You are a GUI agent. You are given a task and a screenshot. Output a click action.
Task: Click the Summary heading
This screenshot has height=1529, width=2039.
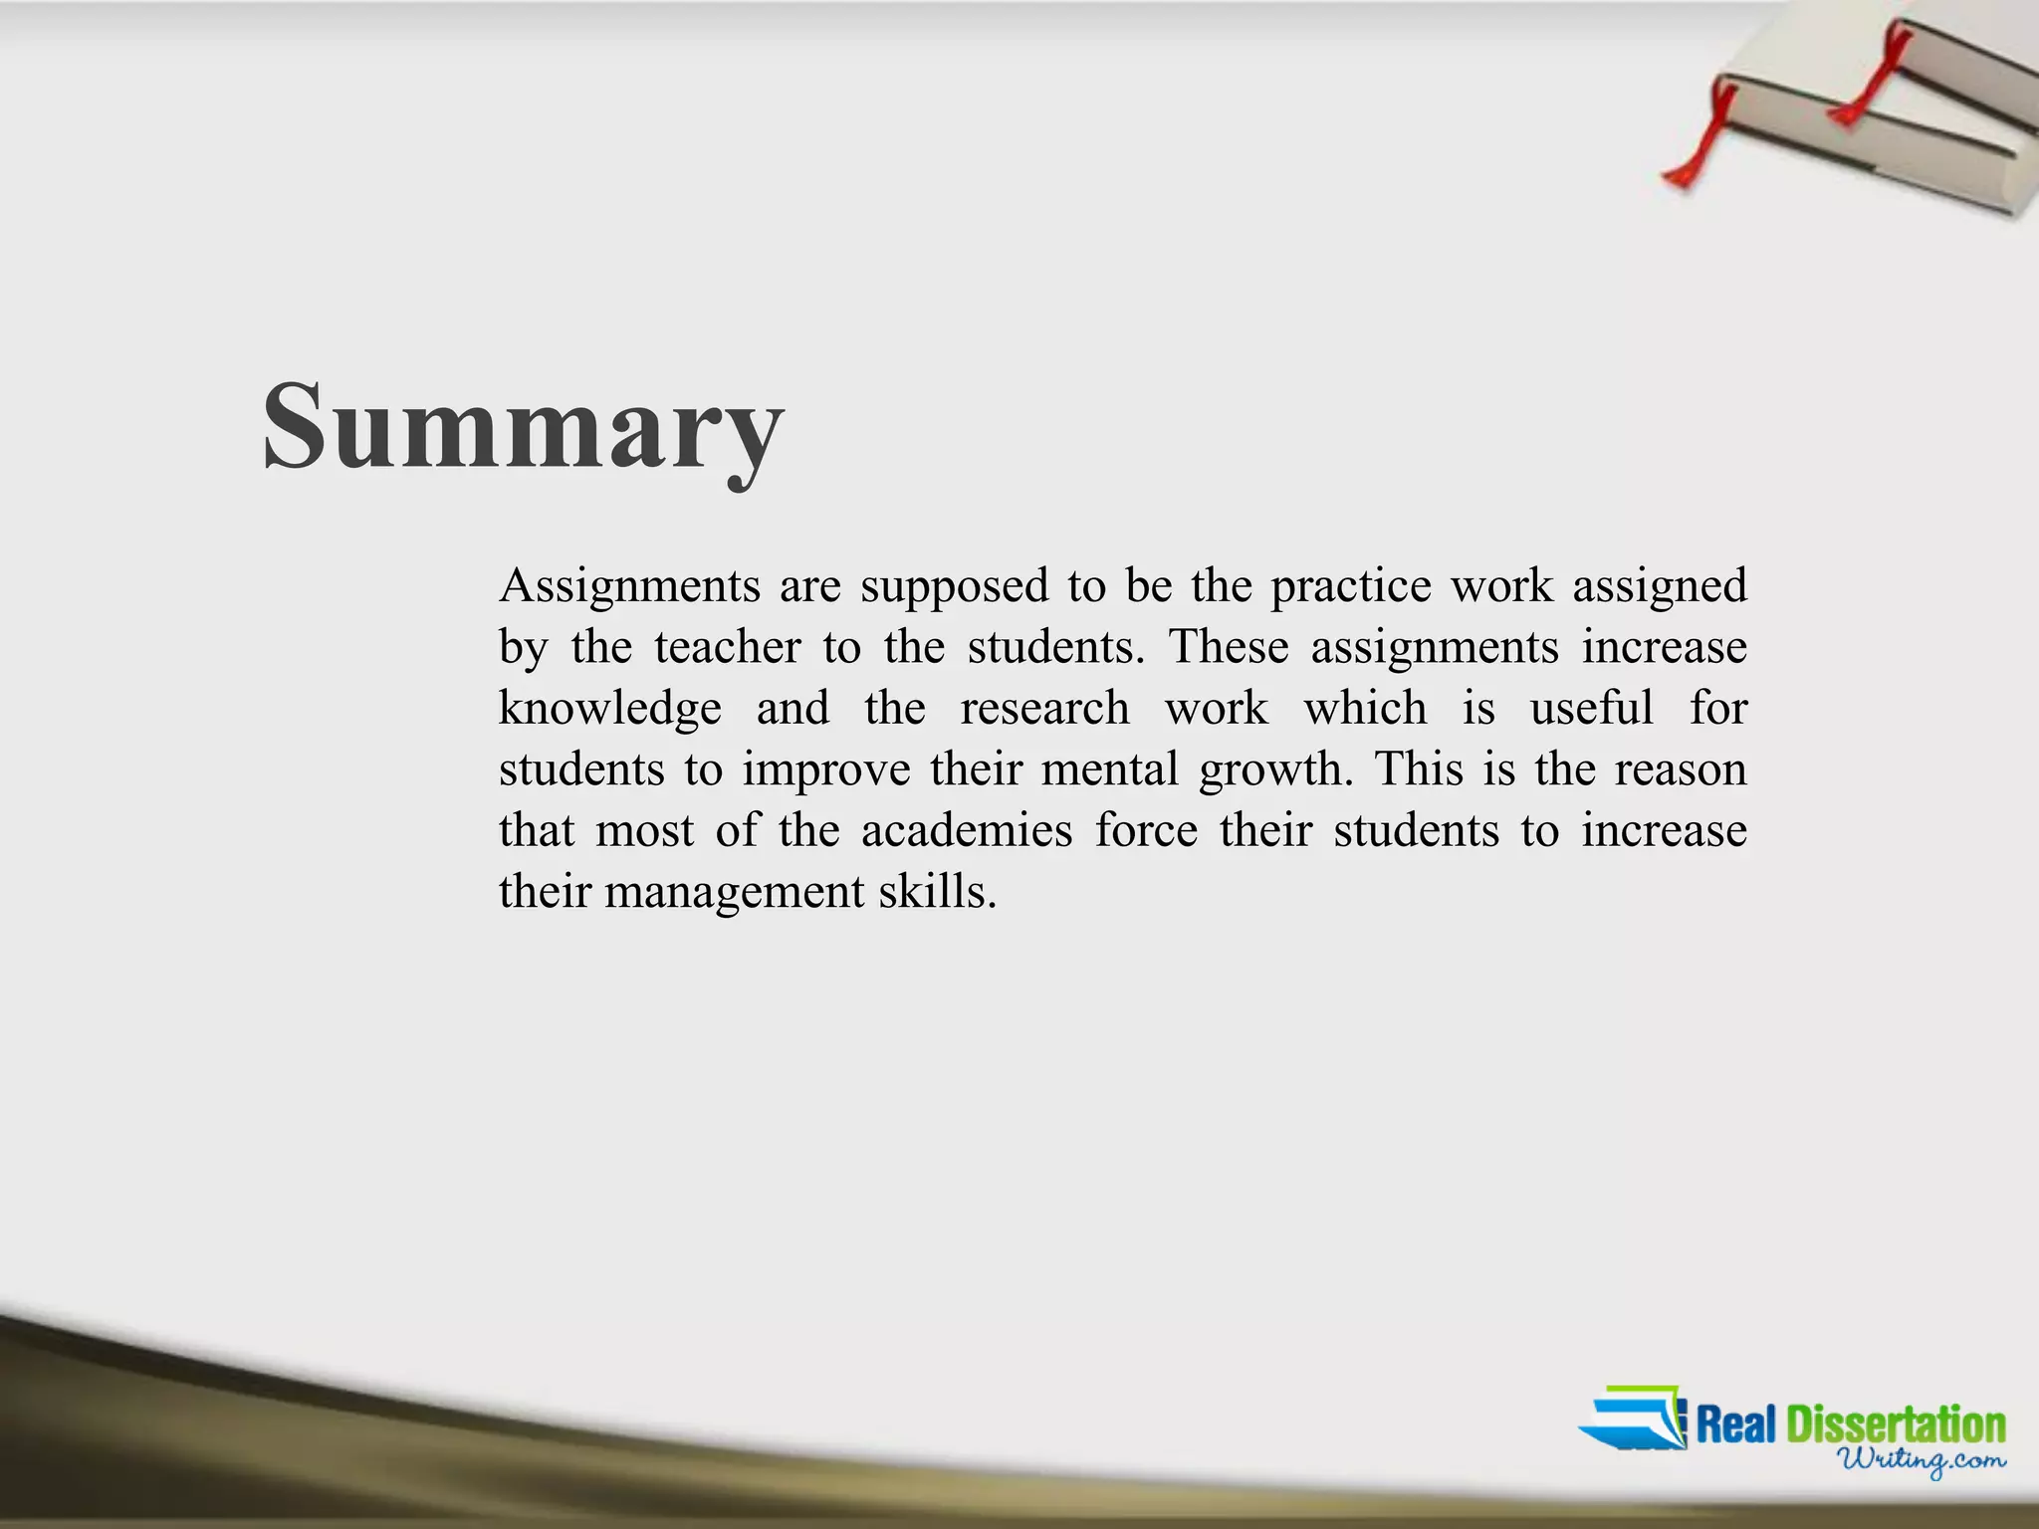click(524, 428)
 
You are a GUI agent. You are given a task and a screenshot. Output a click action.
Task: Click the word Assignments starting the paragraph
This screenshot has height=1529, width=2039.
click(629, 585)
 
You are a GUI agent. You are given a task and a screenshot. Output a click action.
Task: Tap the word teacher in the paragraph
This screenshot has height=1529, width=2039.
click(727, 647)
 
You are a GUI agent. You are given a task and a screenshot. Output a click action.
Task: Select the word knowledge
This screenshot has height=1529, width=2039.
click(609, 708)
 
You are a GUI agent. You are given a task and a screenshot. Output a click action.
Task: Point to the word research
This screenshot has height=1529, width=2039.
click(1044, 708)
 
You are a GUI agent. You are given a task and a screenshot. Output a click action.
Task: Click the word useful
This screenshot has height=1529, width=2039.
click(1591, 708)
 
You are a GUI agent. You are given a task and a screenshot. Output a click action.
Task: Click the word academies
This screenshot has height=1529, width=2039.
click(967, 830)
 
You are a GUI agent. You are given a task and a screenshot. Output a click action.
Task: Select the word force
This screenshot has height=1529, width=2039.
click(1146, 830)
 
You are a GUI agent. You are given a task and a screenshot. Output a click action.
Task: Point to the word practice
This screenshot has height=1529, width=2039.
click(1350, 585)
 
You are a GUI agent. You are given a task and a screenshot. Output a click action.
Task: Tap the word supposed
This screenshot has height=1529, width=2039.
click(954, 587)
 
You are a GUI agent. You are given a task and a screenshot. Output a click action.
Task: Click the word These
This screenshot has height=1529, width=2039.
click(1229, 647)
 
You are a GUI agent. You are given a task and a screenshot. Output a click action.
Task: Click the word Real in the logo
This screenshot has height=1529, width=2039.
click(1736, 1424)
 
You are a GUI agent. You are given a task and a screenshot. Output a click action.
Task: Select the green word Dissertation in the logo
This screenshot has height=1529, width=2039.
click(1896, 1424)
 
